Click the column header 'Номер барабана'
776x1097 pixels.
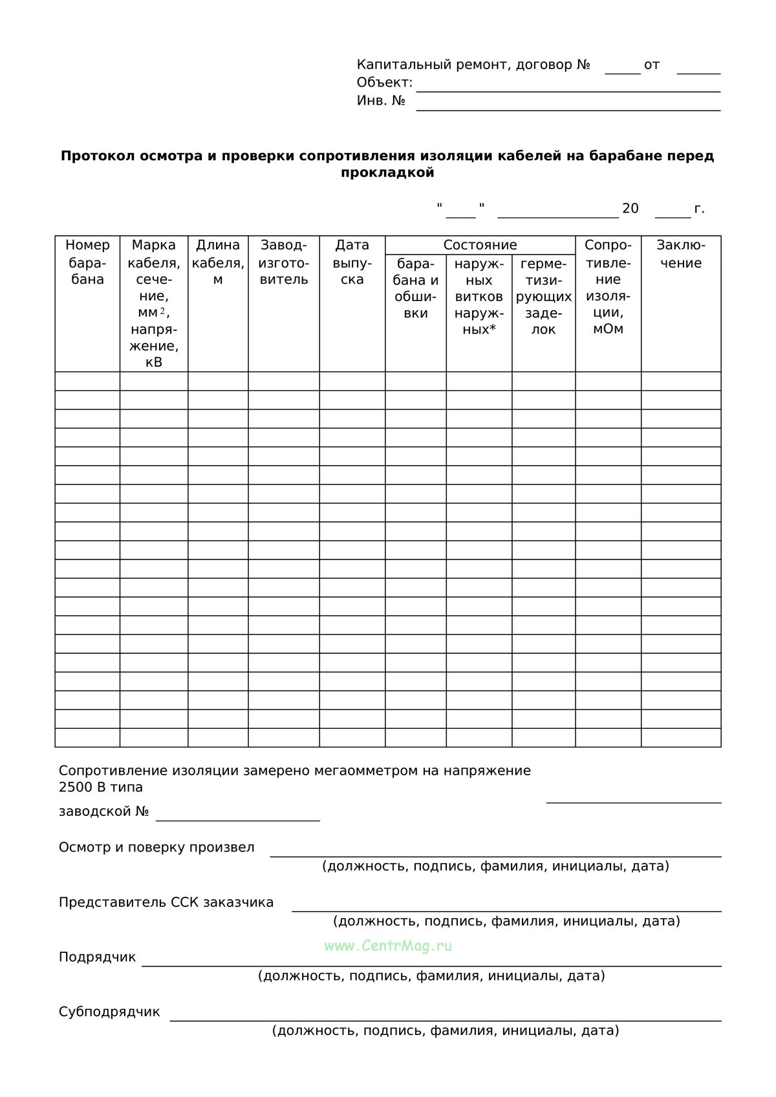pos(87,262)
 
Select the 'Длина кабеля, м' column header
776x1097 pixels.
pos(218,262)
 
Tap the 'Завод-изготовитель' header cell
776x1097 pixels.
pos(284,262)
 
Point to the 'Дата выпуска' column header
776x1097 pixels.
pos(352,262)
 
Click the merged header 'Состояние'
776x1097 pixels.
pos(480,245)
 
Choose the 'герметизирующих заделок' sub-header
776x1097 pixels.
pos(543,297)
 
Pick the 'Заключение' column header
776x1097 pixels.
pos(680,254)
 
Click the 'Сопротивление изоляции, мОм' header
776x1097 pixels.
pos(608,287)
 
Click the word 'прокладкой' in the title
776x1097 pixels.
pos(387,172)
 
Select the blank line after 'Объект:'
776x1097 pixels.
pos(568,90)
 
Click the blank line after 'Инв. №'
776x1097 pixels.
pos(568,109)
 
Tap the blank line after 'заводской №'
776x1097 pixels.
pos(238,819)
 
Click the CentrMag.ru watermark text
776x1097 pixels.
pos(388,946)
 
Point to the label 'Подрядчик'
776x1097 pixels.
pos(97,957)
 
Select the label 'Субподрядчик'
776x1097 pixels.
pos(109,1012)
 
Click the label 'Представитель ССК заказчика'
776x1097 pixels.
pos(166,902)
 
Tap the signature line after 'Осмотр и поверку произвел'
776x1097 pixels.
pos(495,855)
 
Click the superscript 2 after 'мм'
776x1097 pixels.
pos(162,311)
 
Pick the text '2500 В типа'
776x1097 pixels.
pos(100,787)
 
